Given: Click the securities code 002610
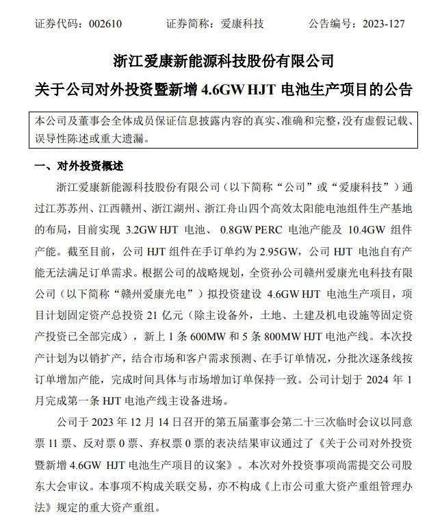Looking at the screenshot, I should coord(105,24).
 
